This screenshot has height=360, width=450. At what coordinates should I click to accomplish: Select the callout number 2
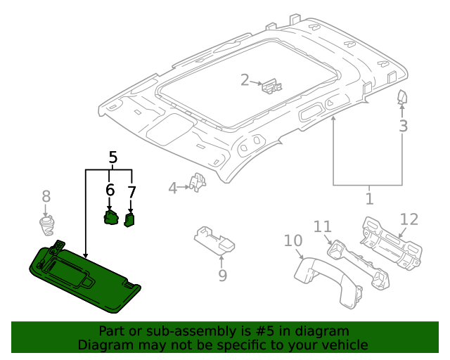pos(245,80)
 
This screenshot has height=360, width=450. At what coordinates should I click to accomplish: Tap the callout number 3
pos(403,127)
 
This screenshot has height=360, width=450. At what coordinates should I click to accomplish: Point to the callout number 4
pos(173,188)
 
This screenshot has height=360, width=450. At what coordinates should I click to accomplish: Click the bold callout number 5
pos(112,157)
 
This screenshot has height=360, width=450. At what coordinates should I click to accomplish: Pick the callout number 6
pos(110,191)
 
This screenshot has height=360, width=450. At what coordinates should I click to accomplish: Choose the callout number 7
pos(131,191)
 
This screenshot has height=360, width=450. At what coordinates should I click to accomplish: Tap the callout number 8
pos(46,197)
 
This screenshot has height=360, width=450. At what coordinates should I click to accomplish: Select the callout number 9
pos(222,275)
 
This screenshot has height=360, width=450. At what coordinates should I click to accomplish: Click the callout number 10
pos(292,241)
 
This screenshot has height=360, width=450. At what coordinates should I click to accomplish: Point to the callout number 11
pos(322,226)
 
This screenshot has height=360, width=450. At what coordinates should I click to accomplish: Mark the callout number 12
pos(409,219)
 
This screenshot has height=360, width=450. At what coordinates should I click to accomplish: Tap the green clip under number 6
pos(111,218)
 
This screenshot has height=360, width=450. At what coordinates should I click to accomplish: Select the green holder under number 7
pos(129,220)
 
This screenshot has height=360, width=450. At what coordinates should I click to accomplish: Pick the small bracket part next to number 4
pos(199,183)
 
